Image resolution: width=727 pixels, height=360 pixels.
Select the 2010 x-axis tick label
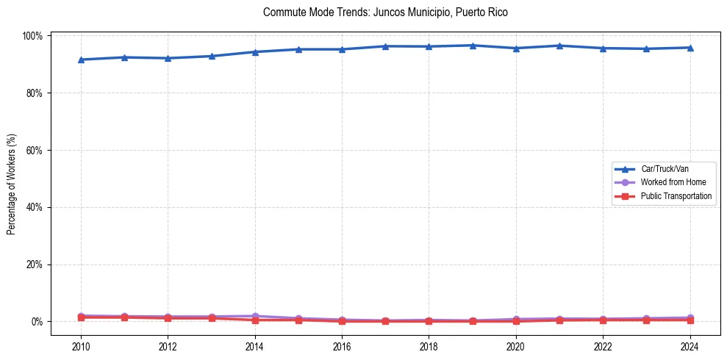coord(81,346)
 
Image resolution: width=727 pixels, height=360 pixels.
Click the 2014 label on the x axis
coord(254,346)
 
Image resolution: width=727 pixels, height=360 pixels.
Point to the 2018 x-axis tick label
coord(429,346)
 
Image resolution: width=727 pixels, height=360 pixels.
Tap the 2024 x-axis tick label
coord(690,346)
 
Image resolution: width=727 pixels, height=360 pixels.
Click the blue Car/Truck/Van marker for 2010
coord(81,60)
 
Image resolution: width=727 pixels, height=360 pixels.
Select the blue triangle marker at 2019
coord(472,46)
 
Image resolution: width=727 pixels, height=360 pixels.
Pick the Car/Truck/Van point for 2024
coord(690,48)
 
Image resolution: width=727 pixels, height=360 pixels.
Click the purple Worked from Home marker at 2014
coord(254,316)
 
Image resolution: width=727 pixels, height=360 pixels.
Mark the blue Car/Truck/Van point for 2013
coord(211,56)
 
